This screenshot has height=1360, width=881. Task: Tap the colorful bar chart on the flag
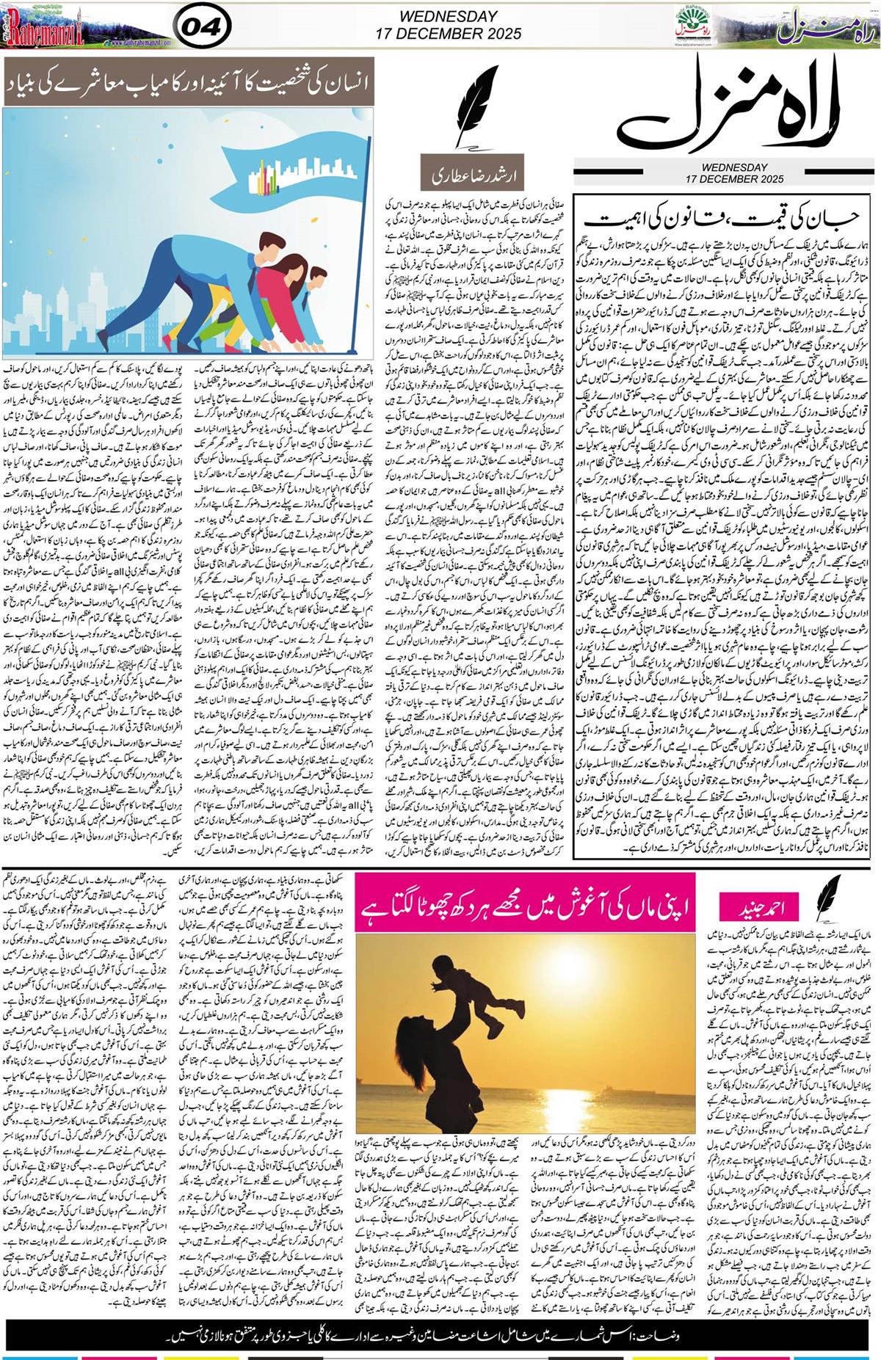(264, 177)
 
